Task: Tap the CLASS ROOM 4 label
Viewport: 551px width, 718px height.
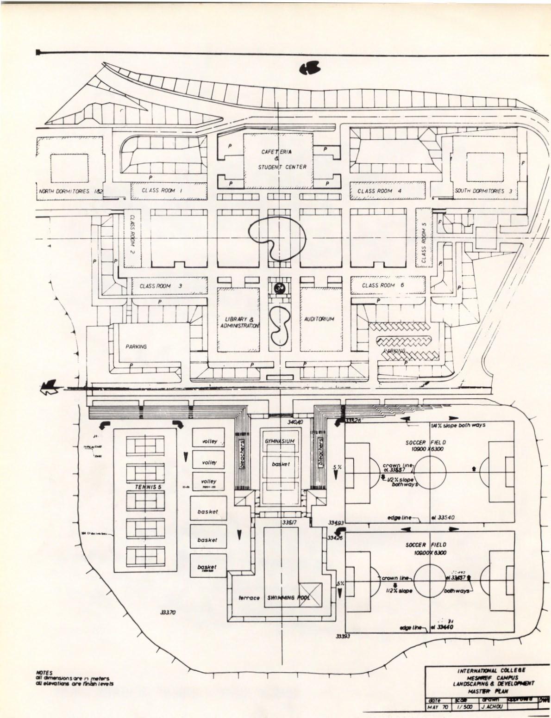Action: [x=375, y=191]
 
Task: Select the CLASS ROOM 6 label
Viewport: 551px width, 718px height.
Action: [x=383, y=285]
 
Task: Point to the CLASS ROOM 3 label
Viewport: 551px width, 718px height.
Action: [x=161, y=286]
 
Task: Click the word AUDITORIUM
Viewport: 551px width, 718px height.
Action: [x=319, y=319]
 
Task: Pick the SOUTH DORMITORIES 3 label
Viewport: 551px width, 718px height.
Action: [x=483, y=191]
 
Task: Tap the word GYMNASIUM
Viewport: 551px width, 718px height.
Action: [x=280, y=441]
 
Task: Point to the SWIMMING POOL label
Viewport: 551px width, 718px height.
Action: [x=288, y=598]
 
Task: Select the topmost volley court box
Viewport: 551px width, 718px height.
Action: [x=209, y=441]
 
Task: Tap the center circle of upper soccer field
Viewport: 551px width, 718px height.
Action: [x=430, y=473]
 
